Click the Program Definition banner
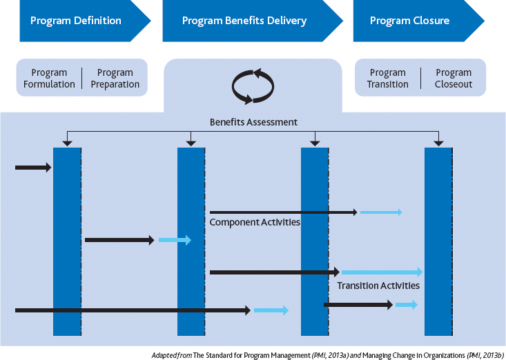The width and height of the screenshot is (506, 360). click(76, 21)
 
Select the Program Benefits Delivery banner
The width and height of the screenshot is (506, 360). click(244, 21)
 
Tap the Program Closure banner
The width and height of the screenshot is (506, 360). click(409, 21)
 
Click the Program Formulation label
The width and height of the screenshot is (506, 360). click(49, 79)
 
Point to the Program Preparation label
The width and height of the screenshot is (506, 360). click(115, 79)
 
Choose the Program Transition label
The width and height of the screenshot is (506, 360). click(387, 79)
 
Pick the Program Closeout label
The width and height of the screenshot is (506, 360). click(453, 79)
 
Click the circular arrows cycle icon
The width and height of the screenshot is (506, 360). click(253, 86)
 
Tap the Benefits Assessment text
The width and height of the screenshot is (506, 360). click(253, 122)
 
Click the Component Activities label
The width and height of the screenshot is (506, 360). click(255, 222)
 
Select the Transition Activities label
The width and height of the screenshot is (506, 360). click(378, 285)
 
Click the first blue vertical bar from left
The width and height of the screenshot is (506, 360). click(67, 241)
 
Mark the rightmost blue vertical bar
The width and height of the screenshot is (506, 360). click(438, 241)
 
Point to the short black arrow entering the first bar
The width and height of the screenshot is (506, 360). click(32, 168)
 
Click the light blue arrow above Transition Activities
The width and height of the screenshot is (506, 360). click(382, 272)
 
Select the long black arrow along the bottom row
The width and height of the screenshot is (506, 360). click(131, 310)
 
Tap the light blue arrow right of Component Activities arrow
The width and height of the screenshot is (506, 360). click(380, 212)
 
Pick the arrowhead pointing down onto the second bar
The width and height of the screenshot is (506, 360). click(191, 143)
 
